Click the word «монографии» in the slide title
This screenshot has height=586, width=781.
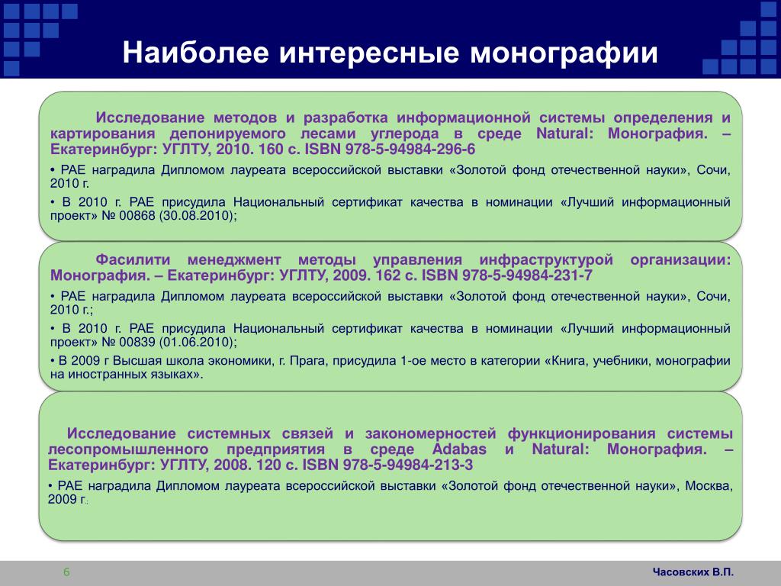point(564,53)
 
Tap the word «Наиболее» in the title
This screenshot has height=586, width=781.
point(196,53)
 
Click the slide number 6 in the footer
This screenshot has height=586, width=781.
point(67,572)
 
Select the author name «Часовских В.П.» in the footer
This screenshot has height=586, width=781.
point(693,572)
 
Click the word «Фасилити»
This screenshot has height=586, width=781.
point(133,259)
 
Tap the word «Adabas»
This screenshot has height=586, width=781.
point(459,449)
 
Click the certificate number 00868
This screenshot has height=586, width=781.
point(137,216)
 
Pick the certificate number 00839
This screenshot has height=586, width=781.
point(137,343)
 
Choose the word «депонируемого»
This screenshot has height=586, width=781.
point(227,134)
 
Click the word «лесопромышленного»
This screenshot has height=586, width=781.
point(128,449)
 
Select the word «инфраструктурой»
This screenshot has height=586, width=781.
point(546,260)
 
